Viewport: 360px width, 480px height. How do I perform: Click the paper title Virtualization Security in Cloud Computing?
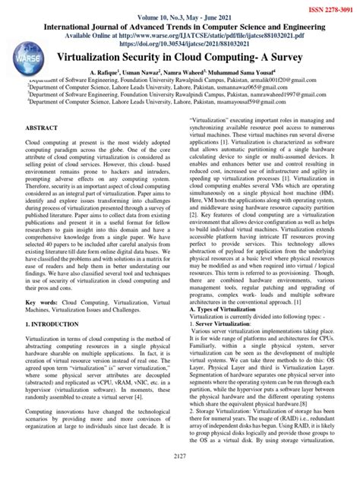pos(179,58)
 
